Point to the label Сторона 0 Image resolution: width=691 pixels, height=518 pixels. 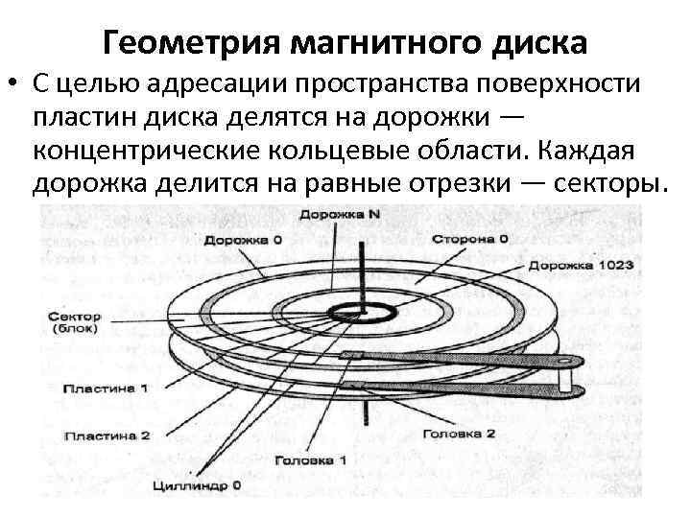pos(470,237)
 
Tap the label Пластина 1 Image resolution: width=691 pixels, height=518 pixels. pos(106,389)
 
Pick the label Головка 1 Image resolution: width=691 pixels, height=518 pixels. pos(310,459)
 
